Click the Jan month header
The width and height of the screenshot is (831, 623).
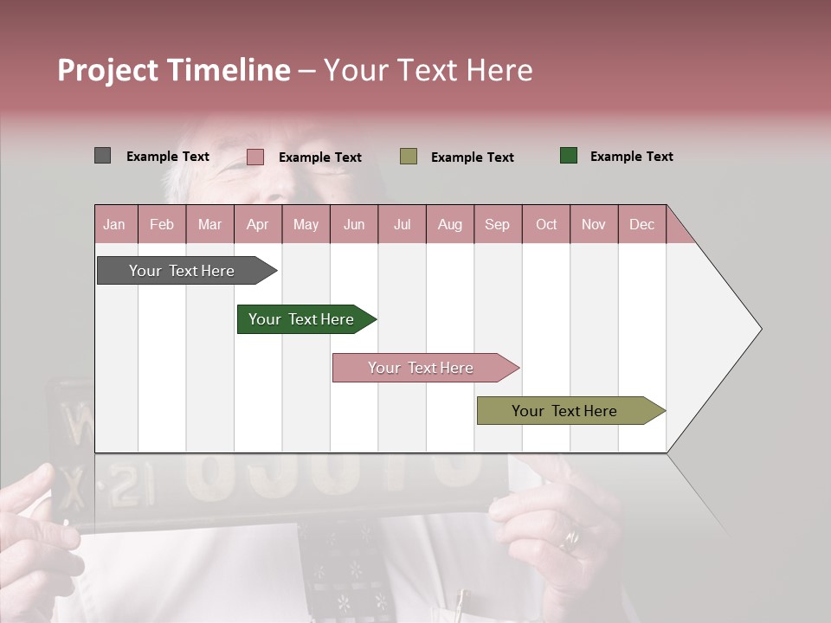pos(114,224)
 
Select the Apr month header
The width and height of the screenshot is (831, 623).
pos(257,224)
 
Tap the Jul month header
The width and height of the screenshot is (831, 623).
pos(402,224)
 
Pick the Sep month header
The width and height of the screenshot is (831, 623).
pos(497,224)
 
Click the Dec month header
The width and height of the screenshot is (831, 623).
pos(641,224)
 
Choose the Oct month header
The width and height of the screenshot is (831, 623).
pos(546,224)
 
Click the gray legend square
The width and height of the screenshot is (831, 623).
pos(102,156)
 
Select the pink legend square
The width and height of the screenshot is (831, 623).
pos(254,157)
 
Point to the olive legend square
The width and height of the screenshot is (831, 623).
pos(409,156)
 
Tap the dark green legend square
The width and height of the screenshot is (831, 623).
pos(568,156)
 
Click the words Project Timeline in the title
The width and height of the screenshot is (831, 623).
pos(173,70)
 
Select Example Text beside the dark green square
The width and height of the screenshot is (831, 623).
pos(631,157)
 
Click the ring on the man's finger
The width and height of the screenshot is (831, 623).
pos(570,540)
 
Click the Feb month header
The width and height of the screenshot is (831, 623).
pos(162,224)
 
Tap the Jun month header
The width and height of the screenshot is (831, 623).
pos(354,224)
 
